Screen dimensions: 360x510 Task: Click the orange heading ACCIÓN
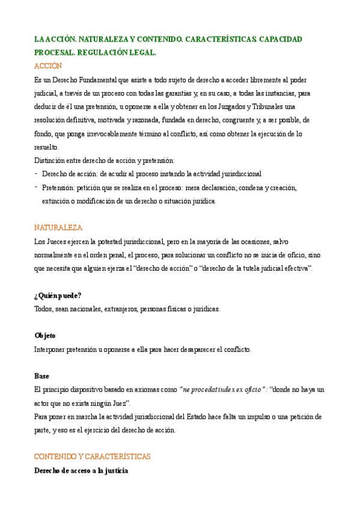pyautogui.click(x=48, y=66)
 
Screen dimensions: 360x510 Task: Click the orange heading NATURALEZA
pyautogui.click(x=58, y=228)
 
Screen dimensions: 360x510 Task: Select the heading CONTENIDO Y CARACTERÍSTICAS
pyautogui.click(x=92, y=456)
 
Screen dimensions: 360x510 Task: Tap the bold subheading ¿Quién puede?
pyautogui.click(x=58, y=295)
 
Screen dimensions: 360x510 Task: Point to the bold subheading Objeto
pyautogui.click(x=45, y=336)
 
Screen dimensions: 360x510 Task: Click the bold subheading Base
pyautogui.click(x=42, y=376)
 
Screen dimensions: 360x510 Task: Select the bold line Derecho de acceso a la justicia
pyautogui.click(x=81, y=470)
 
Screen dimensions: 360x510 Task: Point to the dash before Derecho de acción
pyautogui.click(x=36, y=174)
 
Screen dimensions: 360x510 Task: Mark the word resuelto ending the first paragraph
pyautogui.click(x=47, y=147)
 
